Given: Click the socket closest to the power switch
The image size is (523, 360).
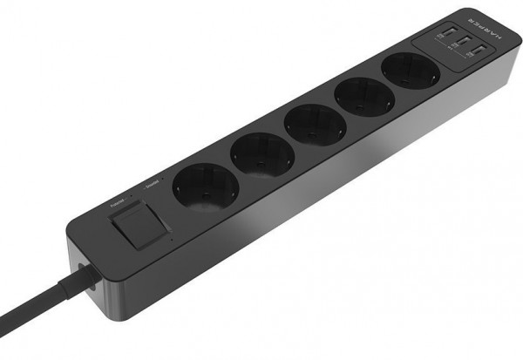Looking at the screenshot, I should [x=206, y=190].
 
